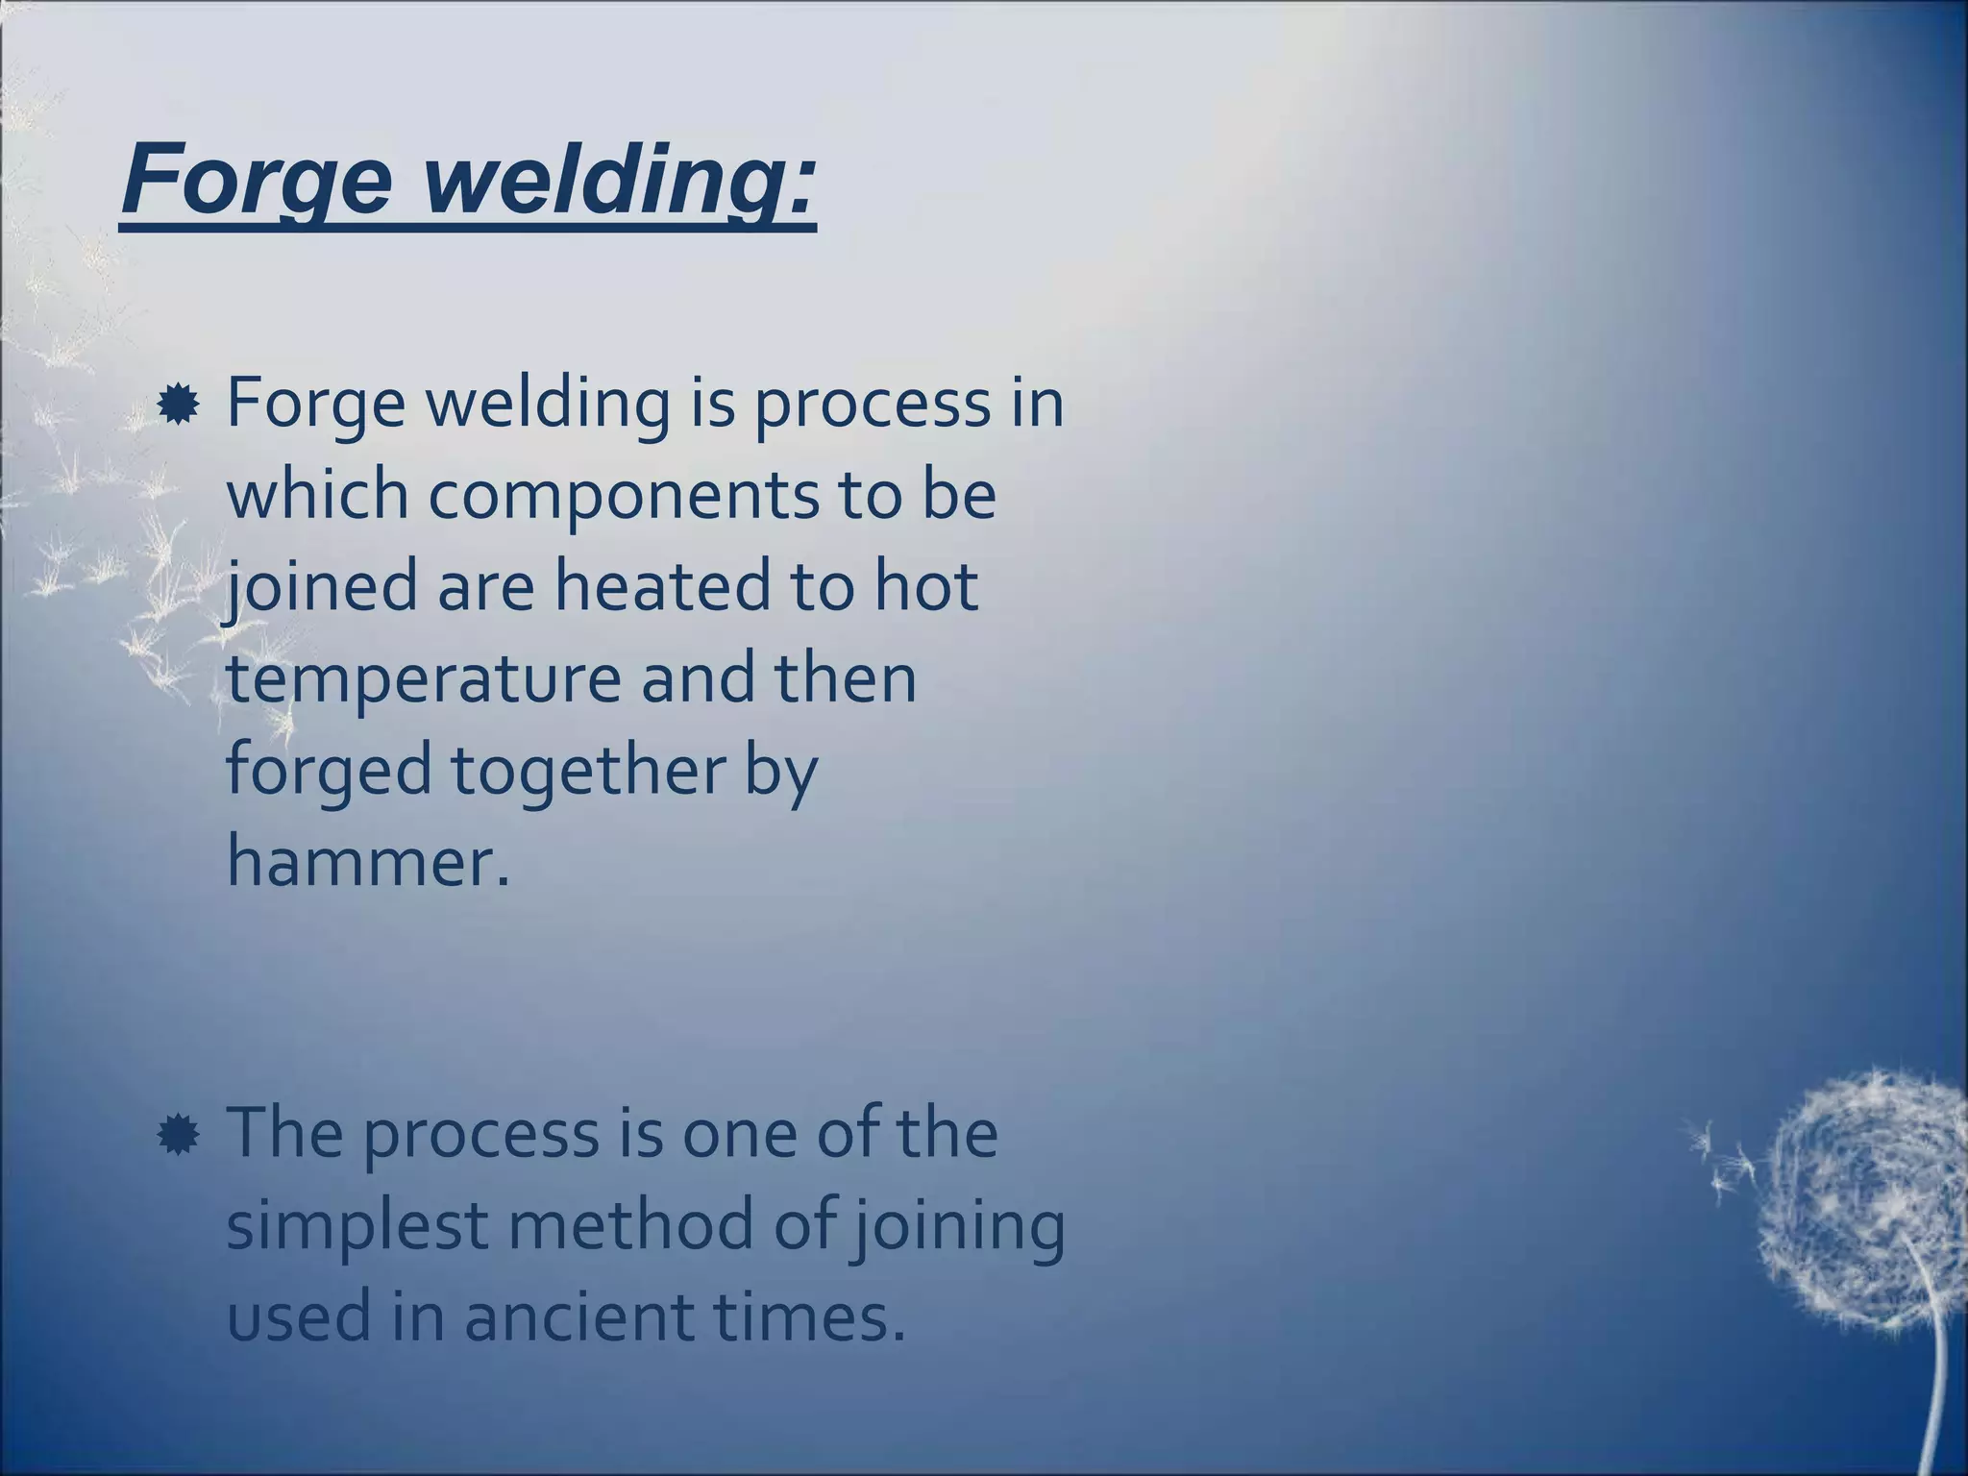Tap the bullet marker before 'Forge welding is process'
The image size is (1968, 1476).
[178, 406]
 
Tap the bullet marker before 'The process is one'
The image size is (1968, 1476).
[178, 1136]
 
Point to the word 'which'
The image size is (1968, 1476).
[317, 495]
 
